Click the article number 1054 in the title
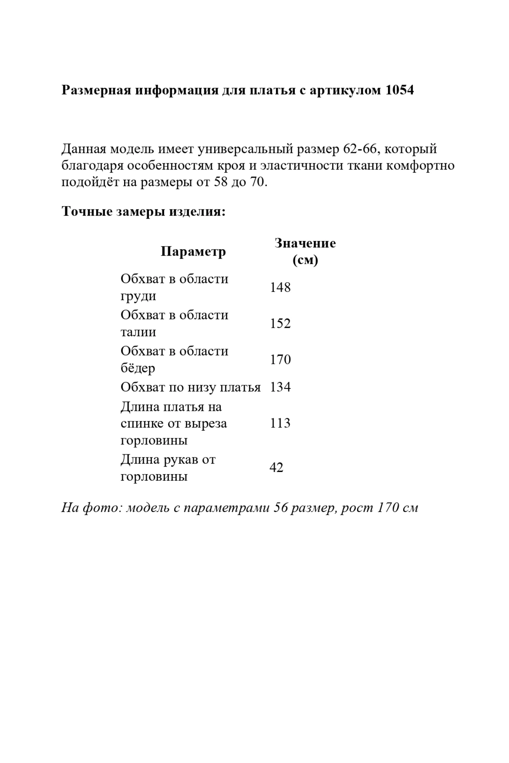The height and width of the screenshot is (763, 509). point(400,90)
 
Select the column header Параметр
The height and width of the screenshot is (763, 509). point(193,252)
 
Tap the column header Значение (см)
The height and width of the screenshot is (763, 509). point(305,252)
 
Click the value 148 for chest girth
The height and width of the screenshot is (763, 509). point(280,288)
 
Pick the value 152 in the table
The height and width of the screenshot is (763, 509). point(280,324)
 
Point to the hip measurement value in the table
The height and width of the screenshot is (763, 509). point(280,360)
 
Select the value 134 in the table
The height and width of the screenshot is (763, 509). point(280,387)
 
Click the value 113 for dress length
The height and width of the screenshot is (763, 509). point(280,423)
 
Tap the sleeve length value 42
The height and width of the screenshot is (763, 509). point(276,468)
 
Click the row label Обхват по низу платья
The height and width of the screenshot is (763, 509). point(191,387)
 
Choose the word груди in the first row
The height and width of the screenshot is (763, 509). point(138,296)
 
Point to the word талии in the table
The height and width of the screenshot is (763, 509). point(138,332)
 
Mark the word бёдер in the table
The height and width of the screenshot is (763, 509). point(138,369)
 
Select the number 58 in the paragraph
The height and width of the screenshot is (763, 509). point(220,182)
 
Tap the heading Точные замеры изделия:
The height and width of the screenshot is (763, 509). point(144,211)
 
